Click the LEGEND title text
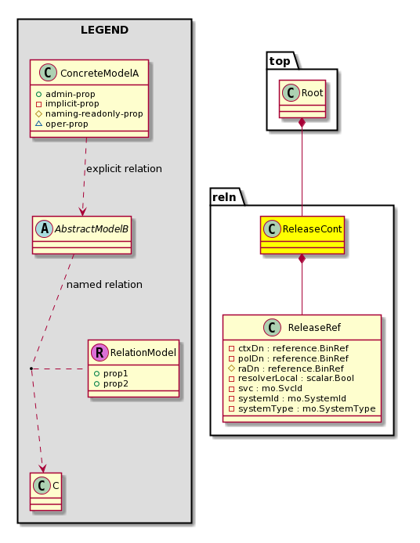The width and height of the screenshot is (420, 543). (104, 31)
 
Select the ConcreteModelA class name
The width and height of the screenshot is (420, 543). (100, 74)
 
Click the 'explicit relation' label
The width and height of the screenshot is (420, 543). (124, 169)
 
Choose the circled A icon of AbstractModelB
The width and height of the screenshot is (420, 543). (45, 229)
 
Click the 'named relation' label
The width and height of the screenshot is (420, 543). (104, 285)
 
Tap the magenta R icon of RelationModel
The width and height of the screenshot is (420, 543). (100, 353)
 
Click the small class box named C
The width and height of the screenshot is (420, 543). (45, 491)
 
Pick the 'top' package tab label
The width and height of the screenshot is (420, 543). (280, 61)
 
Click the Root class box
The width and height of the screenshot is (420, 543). (302, 99)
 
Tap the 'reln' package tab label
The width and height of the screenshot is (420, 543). (224, 197)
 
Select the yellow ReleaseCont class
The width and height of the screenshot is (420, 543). (302, 236)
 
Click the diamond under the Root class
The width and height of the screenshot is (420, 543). (302, 123)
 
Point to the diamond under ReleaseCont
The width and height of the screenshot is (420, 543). (302, 259)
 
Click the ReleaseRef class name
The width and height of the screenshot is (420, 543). (314, 328)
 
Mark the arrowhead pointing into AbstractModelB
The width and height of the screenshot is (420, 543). (82, 211)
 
